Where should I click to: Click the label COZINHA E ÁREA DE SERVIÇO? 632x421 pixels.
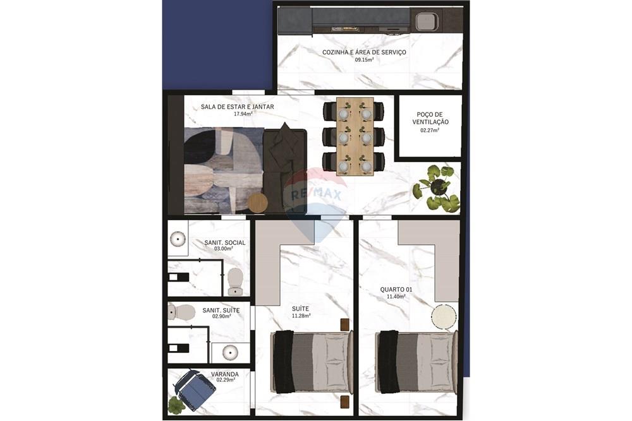[364, 52]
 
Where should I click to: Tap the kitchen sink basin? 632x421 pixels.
[425, 21]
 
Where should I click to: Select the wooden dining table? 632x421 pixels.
[355, 136]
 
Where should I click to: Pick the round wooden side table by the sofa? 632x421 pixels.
[257, 203]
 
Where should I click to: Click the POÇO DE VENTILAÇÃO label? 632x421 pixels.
[430, 117]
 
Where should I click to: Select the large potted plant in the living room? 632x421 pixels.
[436, 188]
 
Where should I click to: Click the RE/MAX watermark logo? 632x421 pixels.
[315, 194]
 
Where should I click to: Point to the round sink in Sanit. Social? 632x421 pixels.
[178, 239]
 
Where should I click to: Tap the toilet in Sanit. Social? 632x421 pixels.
[234, 281]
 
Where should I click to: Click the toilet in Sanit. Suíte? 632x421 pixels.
[183, 311]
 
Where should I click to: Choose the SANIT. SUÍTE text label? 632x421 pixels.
[221, 311]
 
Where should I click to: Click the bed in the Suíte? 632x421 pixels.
[312, 362]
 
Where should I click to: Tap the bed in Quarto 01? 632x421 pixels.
[416, 362]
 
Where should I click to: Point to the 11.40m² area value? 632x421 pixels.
[392, 296]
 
